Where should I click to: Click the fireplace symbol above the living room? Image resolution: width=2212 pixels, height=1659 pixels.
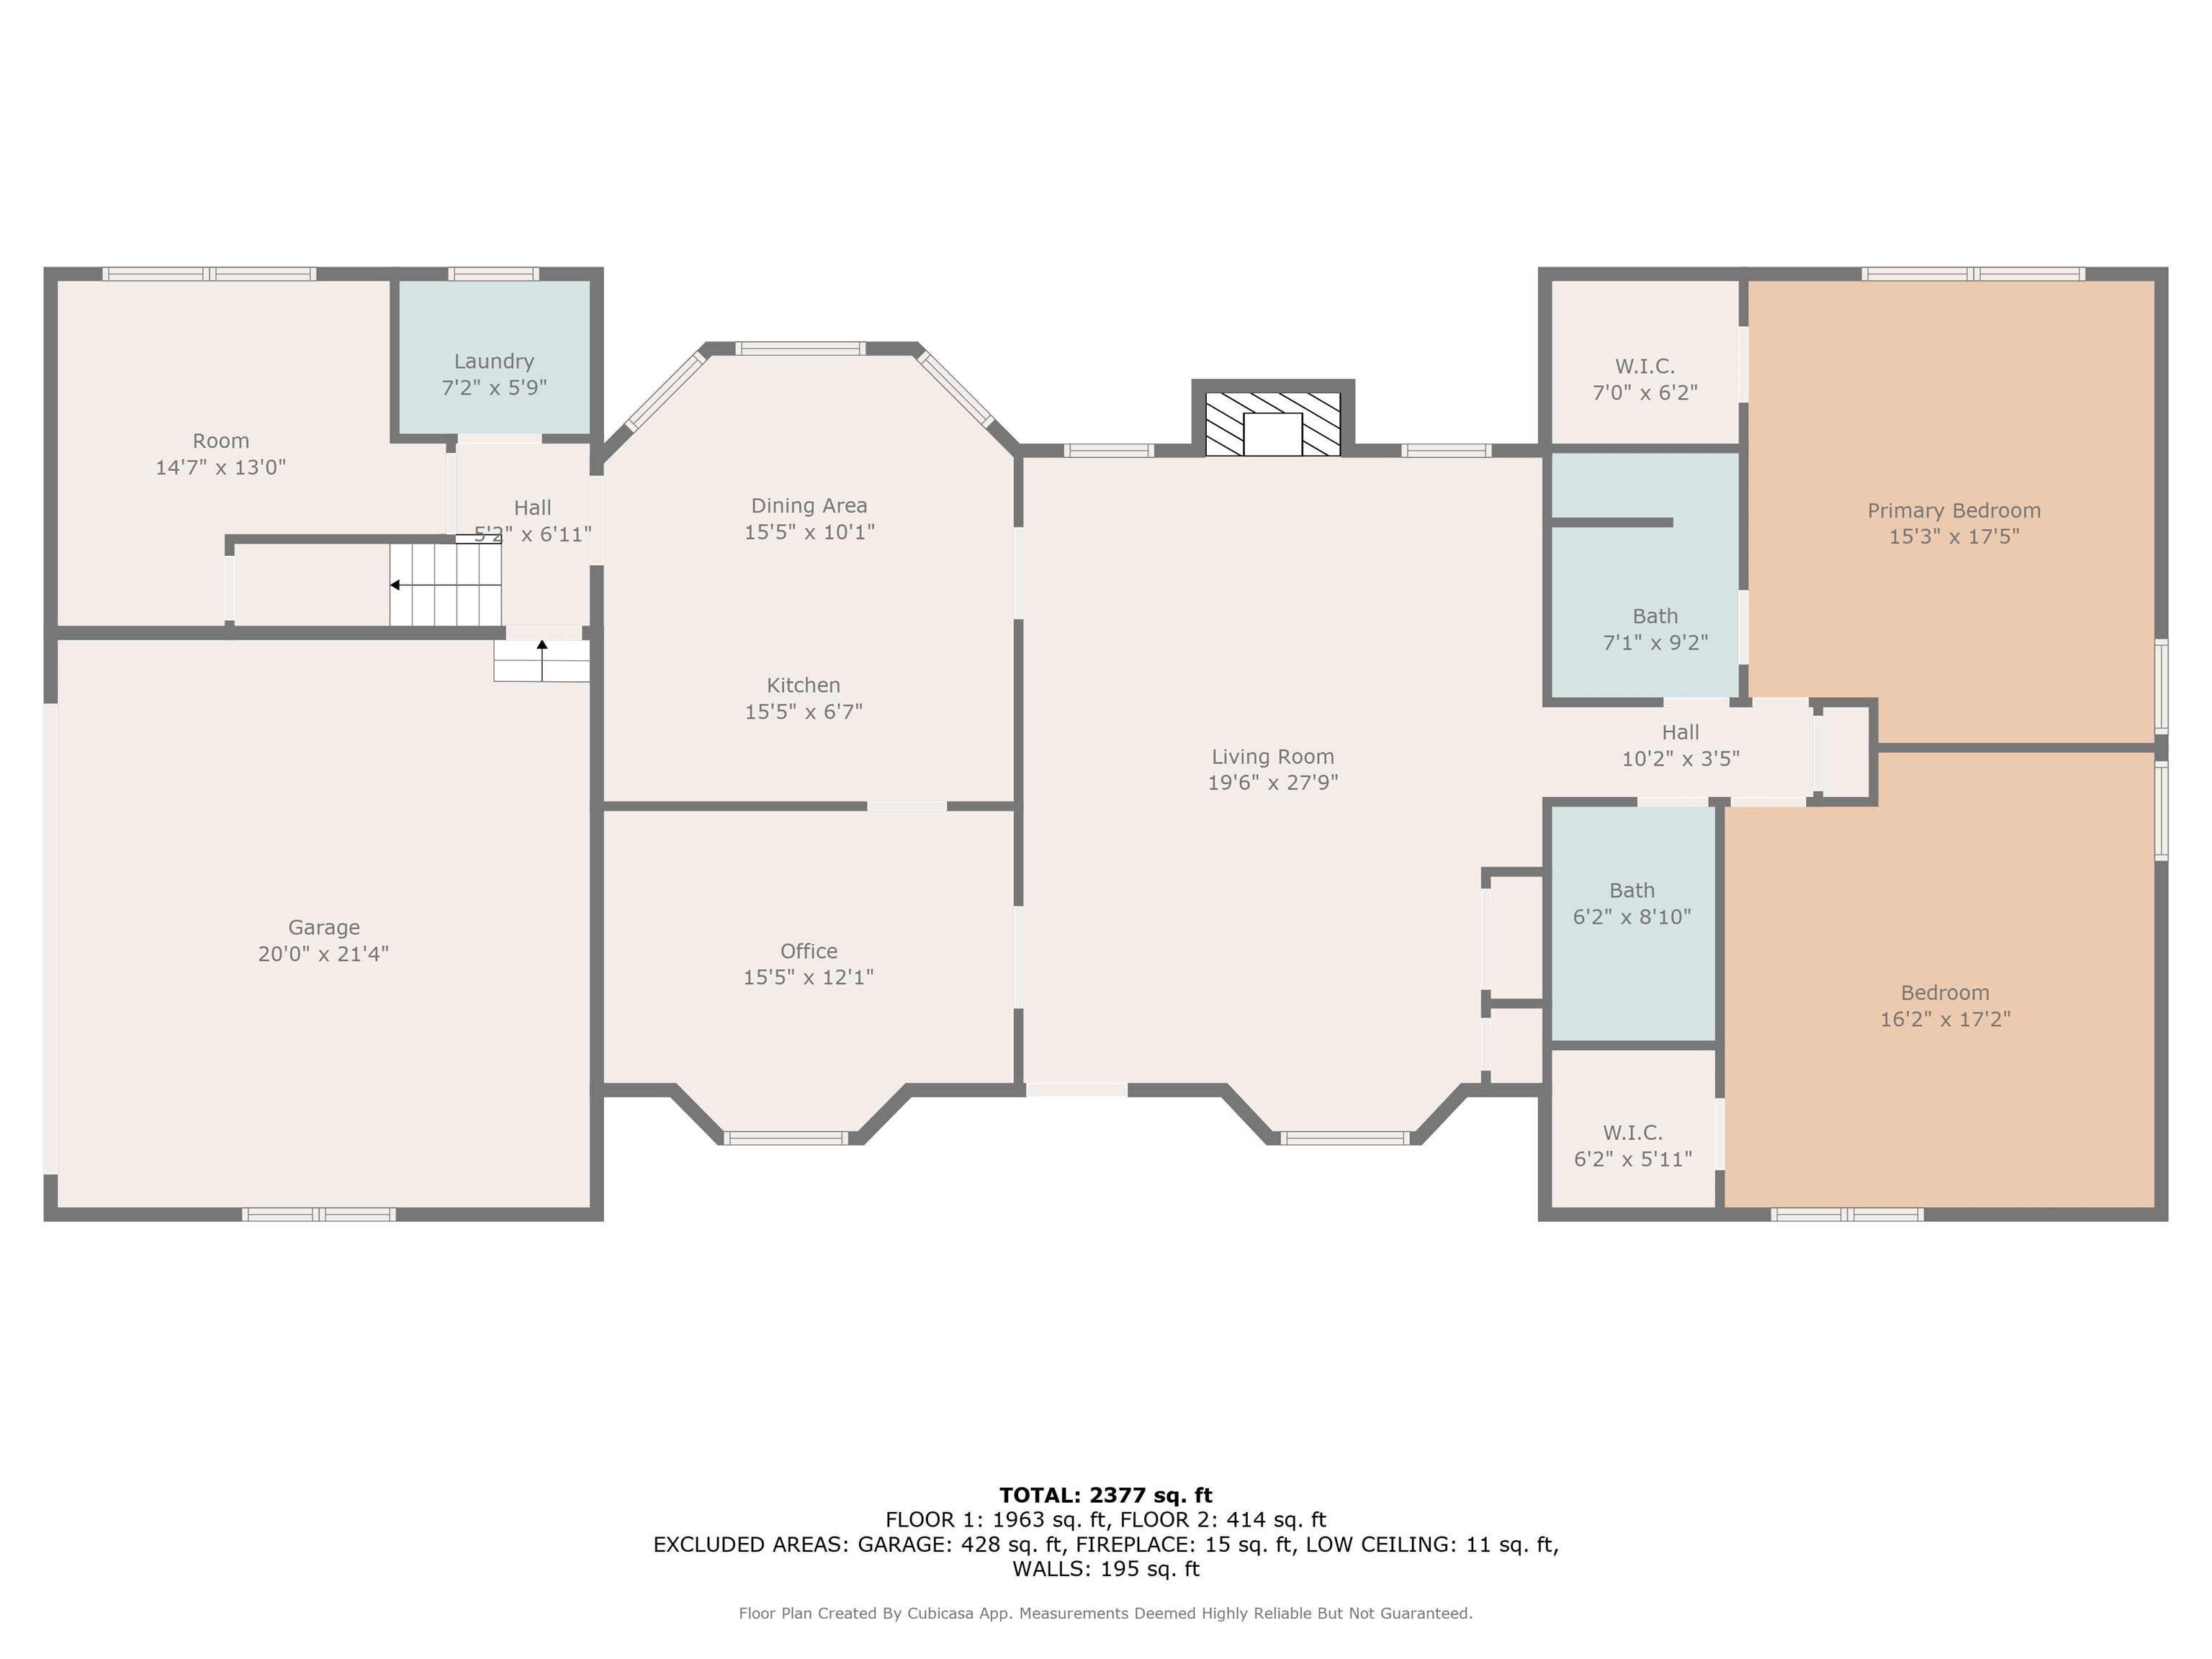pyautogui.click(x=1272, y=424)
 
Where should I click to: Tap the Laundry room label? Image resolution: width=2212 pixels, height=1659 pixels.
pyautogui.click(x=494, y=361)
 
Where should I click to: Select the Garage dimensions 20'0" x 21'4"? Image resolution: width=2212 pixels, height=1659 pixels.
pyautogui.click(x=323, y=954)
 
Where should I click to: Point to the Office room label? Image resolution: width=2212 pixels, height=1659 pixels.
pyautogui.click(x=808, y=951)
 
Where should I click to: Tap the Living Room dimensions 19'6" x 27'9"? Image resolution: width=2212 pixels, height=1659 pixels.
pyautogui.click(x=1272, y=783)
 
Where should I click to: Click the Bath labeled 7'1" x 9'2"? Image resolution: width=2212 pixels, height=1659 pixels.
pyautogui.click(x=1655, y=630)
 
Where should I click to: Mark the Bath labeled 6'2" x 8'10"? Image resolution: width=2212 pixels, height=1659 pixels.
pyautogui.click(x=1631, y=904)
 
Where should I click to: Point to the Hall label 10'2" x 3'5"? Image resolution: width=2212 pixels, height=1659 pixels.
pyautogui.click(x=1680, y=746)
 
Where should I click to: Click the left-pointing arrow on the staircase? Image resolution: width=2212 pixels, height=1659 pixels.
pyautogui.click(x=396, y=585)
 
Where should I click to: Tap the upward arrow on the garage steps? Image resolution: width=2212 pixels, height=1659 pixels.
pyautogui.click(x=542, y=646)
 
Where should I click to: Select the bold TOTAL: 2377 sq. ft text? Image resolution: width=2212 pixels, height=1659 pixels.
pyautogui.click(x=1105, y=1495)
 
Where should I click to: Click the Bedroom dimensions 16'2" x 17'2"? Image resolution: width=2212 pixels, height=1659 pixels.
pyautogui.click(x=1944, y=1019)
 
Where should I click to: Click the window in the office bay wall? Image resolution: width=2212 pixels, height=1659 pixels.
pyautogui.click(x=786, y=1137)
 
